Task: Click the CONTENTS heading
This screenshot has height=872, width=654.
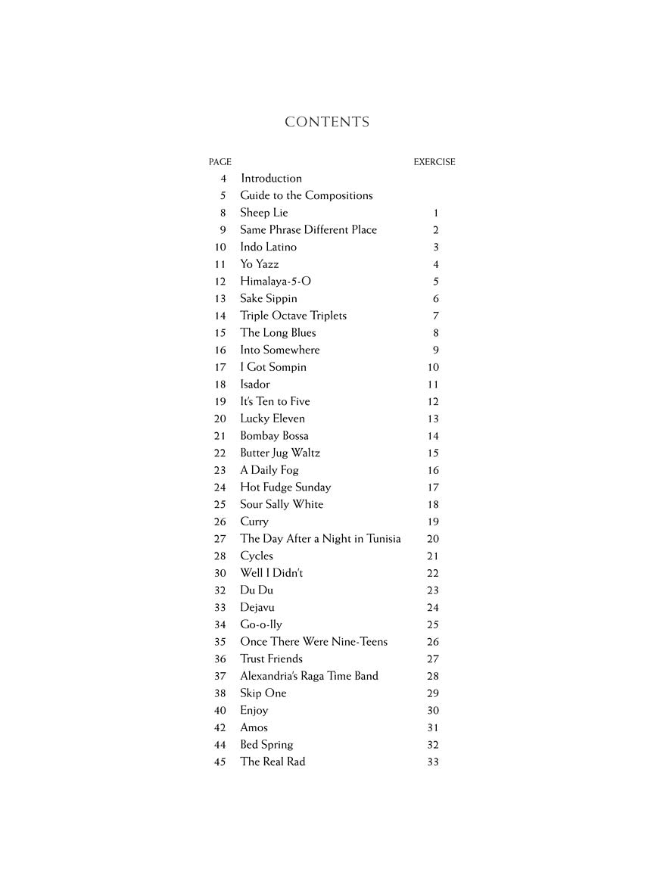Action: coord(327,123)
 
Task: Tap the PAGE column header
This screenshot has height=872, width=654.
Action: coord(220,162)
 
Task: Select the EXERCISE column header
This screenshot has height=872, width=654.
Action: coord(434,162)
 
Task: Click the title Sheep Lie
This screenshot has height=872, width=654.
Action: coord(264,213)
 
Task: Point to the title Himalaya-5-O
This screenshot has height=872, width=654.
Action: coord(276,282)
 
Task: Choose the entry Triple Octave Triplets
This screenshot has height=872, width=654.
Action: coord(293,316)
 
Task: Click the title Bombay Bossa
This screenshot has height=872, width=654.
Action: coord(274,436)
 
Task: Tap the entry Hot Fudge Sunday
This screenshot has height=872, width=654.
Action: coord(285,487)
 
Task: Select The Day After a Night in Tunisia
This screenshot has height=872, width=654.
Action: coord(320,539)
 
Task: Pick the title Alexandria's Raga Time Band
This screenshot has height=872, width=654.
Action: coord(309,676)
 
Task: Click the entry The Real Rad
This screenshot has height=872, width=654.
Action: coord(272,762)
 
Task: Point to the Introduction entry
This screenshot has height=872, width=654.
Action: coord(271,179)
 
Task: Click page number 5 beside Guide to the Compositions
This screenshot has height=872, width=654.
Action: coord(223,196)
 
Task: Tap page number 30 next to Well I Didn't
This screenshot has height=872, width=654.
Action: coord(220,574)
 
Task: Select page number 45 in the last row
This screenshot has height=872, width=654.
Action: coord(220,762)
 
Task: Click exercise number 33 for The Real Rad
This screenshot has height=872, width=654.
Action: coord(433,762)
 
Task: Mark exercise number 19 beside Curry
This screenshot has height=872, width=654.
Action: coord(433,522)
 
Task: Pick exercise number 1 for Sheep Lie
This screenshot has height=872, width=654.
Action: coord(436,213)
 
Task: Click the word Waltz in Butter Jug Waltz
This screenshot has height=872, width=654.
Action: coord(305,453)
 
